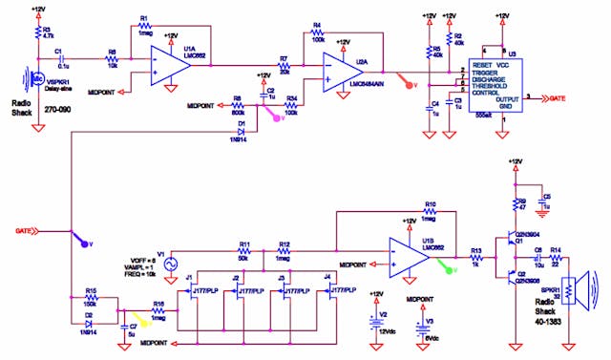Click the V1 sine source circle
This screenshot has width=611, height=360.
tap(172, 264)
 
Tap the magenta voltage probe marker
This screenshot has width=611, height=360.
tap(277, 117)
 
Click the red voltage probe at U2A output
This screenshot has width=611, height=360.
tap(408, 81)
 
